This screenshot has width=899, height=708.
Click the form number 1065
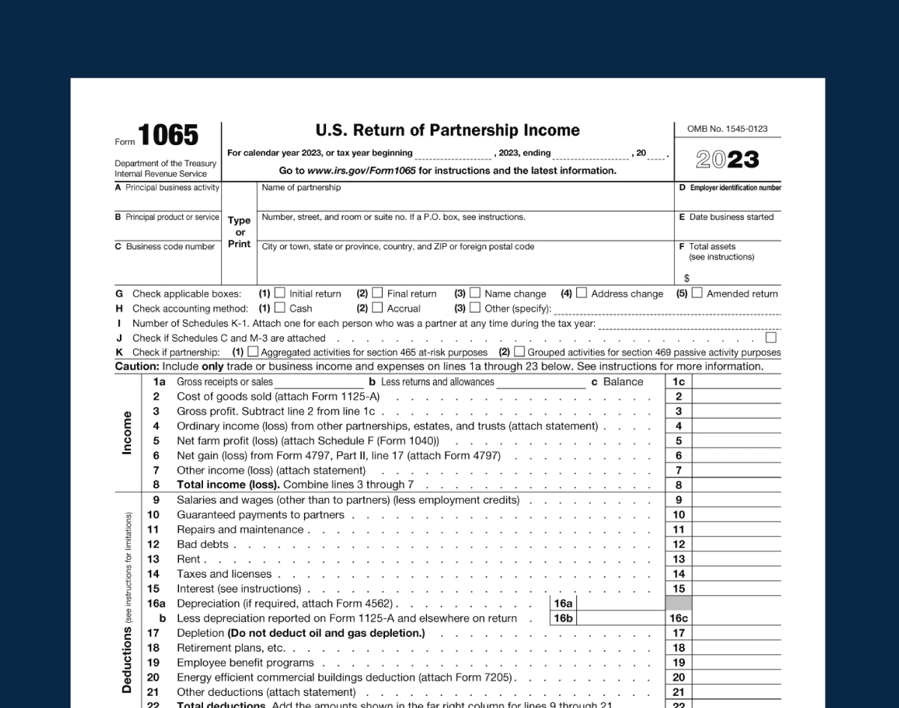[x=168, y=136]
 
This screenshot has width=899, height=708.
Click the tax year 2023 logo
[x=727, y=159]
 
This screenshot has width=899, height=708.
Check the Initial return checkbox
[x=279, y=293]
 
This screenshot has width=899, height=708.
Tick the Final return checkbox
[x=378, y=293]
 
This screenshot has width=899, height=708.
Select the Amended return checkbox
[x=697, y=293]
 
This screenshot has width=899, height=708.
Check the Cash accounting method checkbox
[x=279, y=308]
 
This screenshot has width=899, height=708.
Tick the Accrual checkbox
[x=378, y=308]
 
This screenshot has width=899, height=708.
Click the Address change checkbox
[x=581, y=293]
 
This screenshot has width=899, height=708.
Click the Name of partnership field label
[x=301, y=188]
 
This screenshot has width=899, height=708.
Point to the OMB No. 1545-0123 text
[x=727, y=129]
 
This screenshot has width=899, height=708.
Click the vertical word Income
[x=127, y=433]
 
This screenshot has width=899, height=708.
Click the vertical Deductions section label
[x=127, y=659]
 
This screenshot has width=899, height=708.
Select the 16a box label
[x=563, y=603]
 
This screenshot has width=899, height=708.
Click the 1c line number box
[x=679, y=382]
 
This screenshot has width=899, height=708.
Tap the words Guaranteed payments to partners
[x=260, y=515]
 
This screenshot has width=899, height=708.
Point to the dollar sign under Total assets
[x=686, y=278]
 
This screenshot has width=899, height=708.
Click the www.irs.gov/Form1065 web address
[x=361, y=171]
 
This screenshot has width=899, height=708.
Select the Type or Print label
[x=239, y=232]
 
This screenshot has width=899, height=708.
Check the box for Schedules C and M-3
[x=771, y=338]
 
